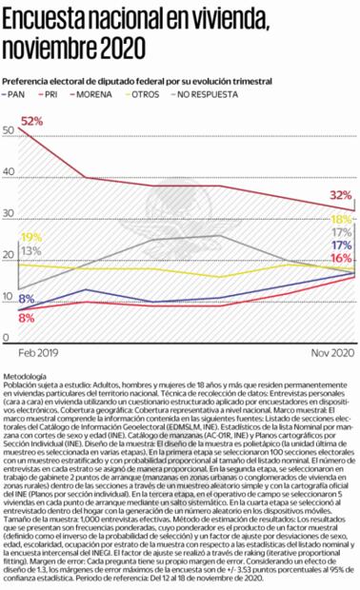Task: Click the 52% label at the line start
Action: tap(31, 122)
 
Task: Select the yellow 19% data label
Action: tap(30, 237)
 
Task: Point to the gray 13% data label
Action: tap(30, 250)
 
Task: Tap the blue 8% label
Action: tap(26, 300)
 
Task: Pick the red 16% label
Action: tap(341, 258)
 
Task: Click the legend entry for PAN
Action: tap(18, 96)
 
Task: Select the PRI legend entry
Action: tap(57, 96)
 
